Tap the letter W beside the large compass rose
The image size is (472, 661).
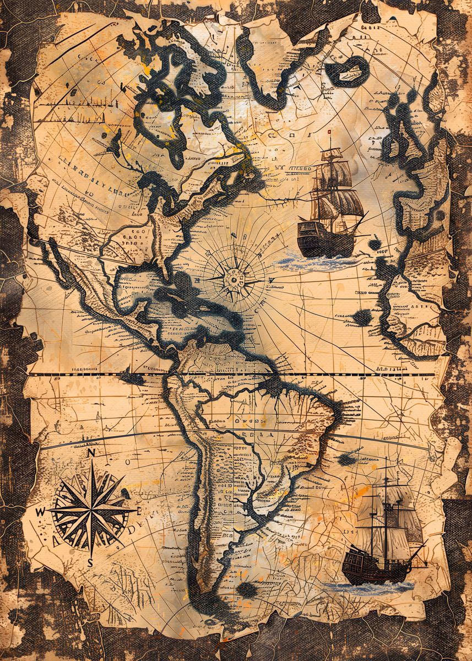pyautogui.click(x=40, y=512)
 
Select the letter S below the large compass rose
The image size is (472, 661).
pyautogui.click(x=90, y=562)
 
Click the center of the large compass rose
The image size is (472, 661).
pyautogui.click(x=91, y=510)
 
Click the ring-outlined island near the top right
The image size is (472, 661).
pyautogui.click(x=346, y=70)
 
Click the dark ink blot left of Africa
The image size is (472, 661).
pyautogui.click(x=362, y=317)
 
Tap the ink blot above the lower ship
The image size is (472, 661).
pyautogui.click(x=346, y=459)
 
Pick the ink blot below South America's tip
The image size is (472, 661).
pyautogui.click(x=246, y=589)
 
